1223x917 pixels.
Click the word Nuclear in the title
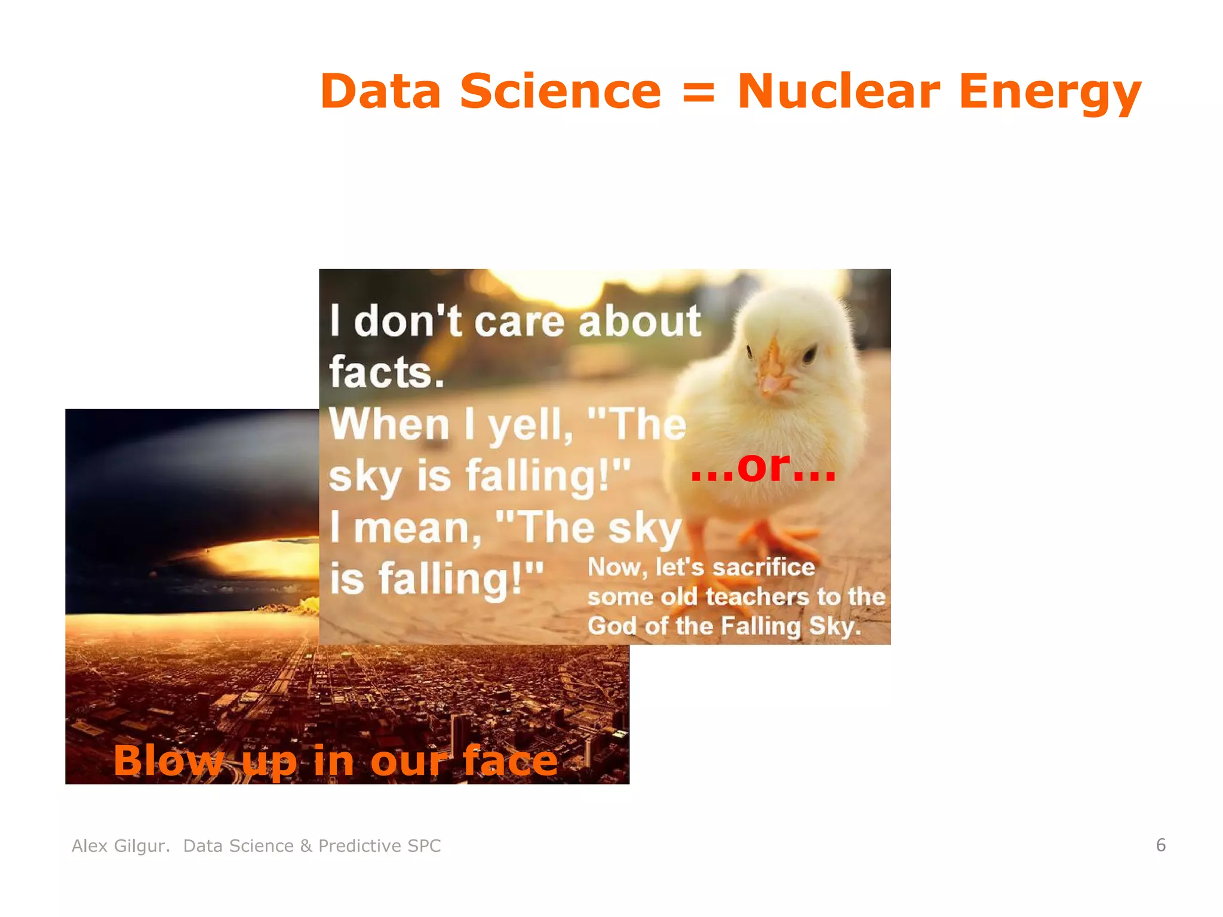(838, 91)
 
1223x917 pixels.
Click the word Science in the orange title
(560, 91)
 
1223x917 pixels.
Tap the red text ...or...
(763, 467)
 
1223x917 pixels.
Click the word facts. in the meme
(387, 373)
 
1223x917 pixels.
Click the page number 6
(1160, 845)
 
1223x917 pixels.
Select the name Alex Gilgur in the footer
(120, 846)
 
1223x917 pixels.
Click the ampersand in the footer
(306, 846)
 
